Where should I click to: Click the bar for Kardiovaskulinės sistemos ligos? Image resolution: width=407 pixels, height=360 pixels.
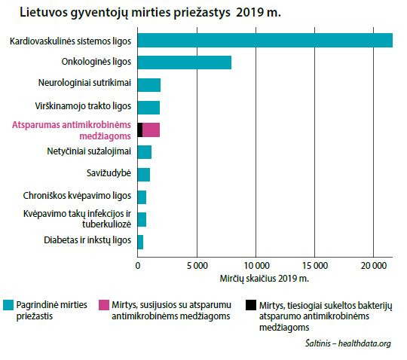coord(265,41)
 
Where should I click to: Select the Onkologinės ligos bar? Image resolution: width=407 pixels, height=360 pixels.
coord(185,63)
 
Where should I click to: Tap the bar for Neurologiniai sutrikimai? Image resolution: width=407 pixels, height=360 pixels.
coord(149,85)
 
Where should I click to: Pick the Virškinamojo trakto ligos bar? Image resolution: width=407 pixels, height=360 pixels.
coord(148,108)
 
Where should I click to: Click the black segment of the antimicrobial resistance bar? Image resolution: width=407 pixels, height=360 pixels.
coord(140,130)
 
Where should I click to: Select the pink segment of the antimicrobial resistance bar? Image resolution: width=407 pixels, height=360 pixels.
coord(151,130)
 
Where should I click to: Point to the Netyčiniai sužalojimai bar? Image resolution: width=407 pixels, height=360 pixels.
coord(145,152)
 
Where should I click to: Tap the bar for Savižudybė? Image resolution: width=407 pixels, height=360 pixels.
coord(144,175)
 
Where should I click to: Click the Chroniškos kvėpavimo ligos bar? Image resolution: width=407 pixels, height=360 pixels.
coord(142,197)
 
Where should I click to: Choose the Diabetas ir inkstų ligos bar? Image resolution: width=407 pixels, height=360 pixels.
coord(140,243)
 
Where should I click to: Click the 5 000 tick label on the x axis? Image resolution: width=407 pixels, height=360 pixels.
coord(197,266)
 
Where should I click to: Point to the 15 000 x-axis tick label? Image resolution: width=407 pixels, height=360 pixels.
coord(315,266)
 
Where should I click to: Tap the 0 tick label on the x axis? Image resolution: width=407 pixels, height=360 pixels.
coord(138,266)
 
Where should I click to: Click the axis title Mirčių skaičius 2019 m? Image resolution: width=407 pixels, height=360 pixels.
coord(265,279)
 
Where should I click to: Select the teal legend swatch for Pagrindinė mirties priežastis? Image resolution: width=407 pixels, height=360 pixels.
coord(8,305)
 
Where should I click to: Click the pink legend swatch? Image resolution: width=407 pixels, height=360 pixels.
coord(104,305)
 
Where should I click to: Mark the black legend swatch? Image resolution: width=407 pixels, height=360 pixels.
coord(251,305)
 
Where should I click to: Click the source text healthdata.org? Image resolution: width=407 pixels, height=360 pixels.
coord(365,343)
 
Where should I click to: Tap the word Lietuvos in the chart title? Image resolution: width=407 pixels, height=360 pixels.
coord(43,12)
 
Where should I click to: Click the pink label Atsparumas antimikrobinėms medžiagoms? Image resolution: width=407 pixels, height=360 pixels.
coord(72,130)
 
